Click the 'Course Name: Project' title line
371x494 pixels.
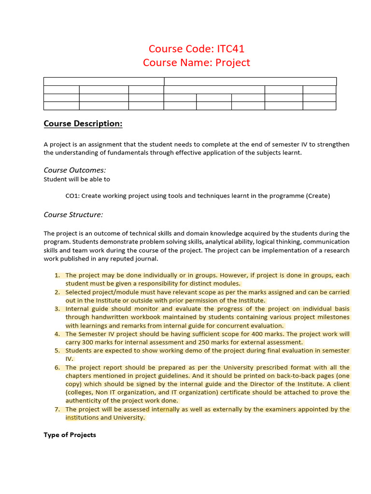click(197, 63)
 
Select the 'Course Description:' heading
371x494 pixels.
click(83, 123)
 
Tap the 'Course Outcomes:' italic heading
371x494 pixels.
click(75, 170)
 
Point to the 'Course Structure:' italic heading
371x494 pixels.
click(73, 214)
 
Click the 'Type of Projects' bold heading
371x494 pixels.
click(70, 435)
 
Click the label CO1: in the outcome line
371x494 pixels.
click(73, 195)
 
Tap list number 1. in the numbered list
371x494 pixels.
click(57, 275)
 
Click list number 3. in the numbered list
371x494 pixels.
click(57, 309)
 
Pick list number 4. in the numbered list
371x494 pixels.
click(57, 334)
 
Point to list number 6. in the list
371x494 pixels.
click(57, 368)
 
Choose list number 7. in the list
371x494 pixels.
click(57, 409)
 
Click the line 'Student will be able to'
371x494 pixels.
click(77, 179)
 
